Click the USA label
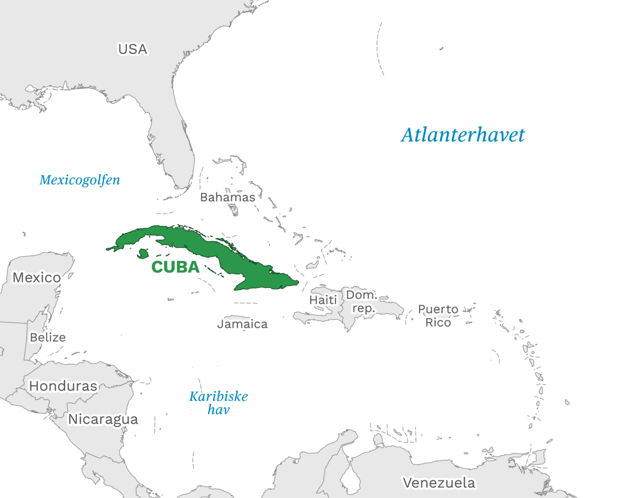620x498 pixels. [133, 49]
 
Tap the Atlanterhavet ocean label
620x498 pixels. [463, 135]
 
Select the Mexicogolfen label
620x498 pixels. [80, 180]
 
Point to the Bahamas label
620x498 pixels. [227, 197]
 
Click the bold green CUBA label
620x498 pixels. [175, 267]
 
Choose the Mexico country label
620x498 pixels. [37, 278]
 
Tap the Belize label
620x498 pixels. [48, 337]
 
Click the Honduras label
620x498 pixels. [63, 386]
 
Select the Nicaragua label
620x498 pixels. [103, 419]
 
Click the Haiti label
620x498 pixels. [323, 299]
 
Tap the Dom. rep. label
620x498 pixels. [361, 301]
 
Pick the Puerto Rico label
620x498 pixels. [438, 315]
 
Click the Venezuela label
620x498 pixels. [439, 483]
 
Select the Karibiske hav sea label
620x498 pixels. [219, 403]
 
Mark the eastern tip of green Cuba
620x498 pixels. [299, 282]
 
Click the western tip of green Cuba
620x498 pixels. [107, 249]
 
